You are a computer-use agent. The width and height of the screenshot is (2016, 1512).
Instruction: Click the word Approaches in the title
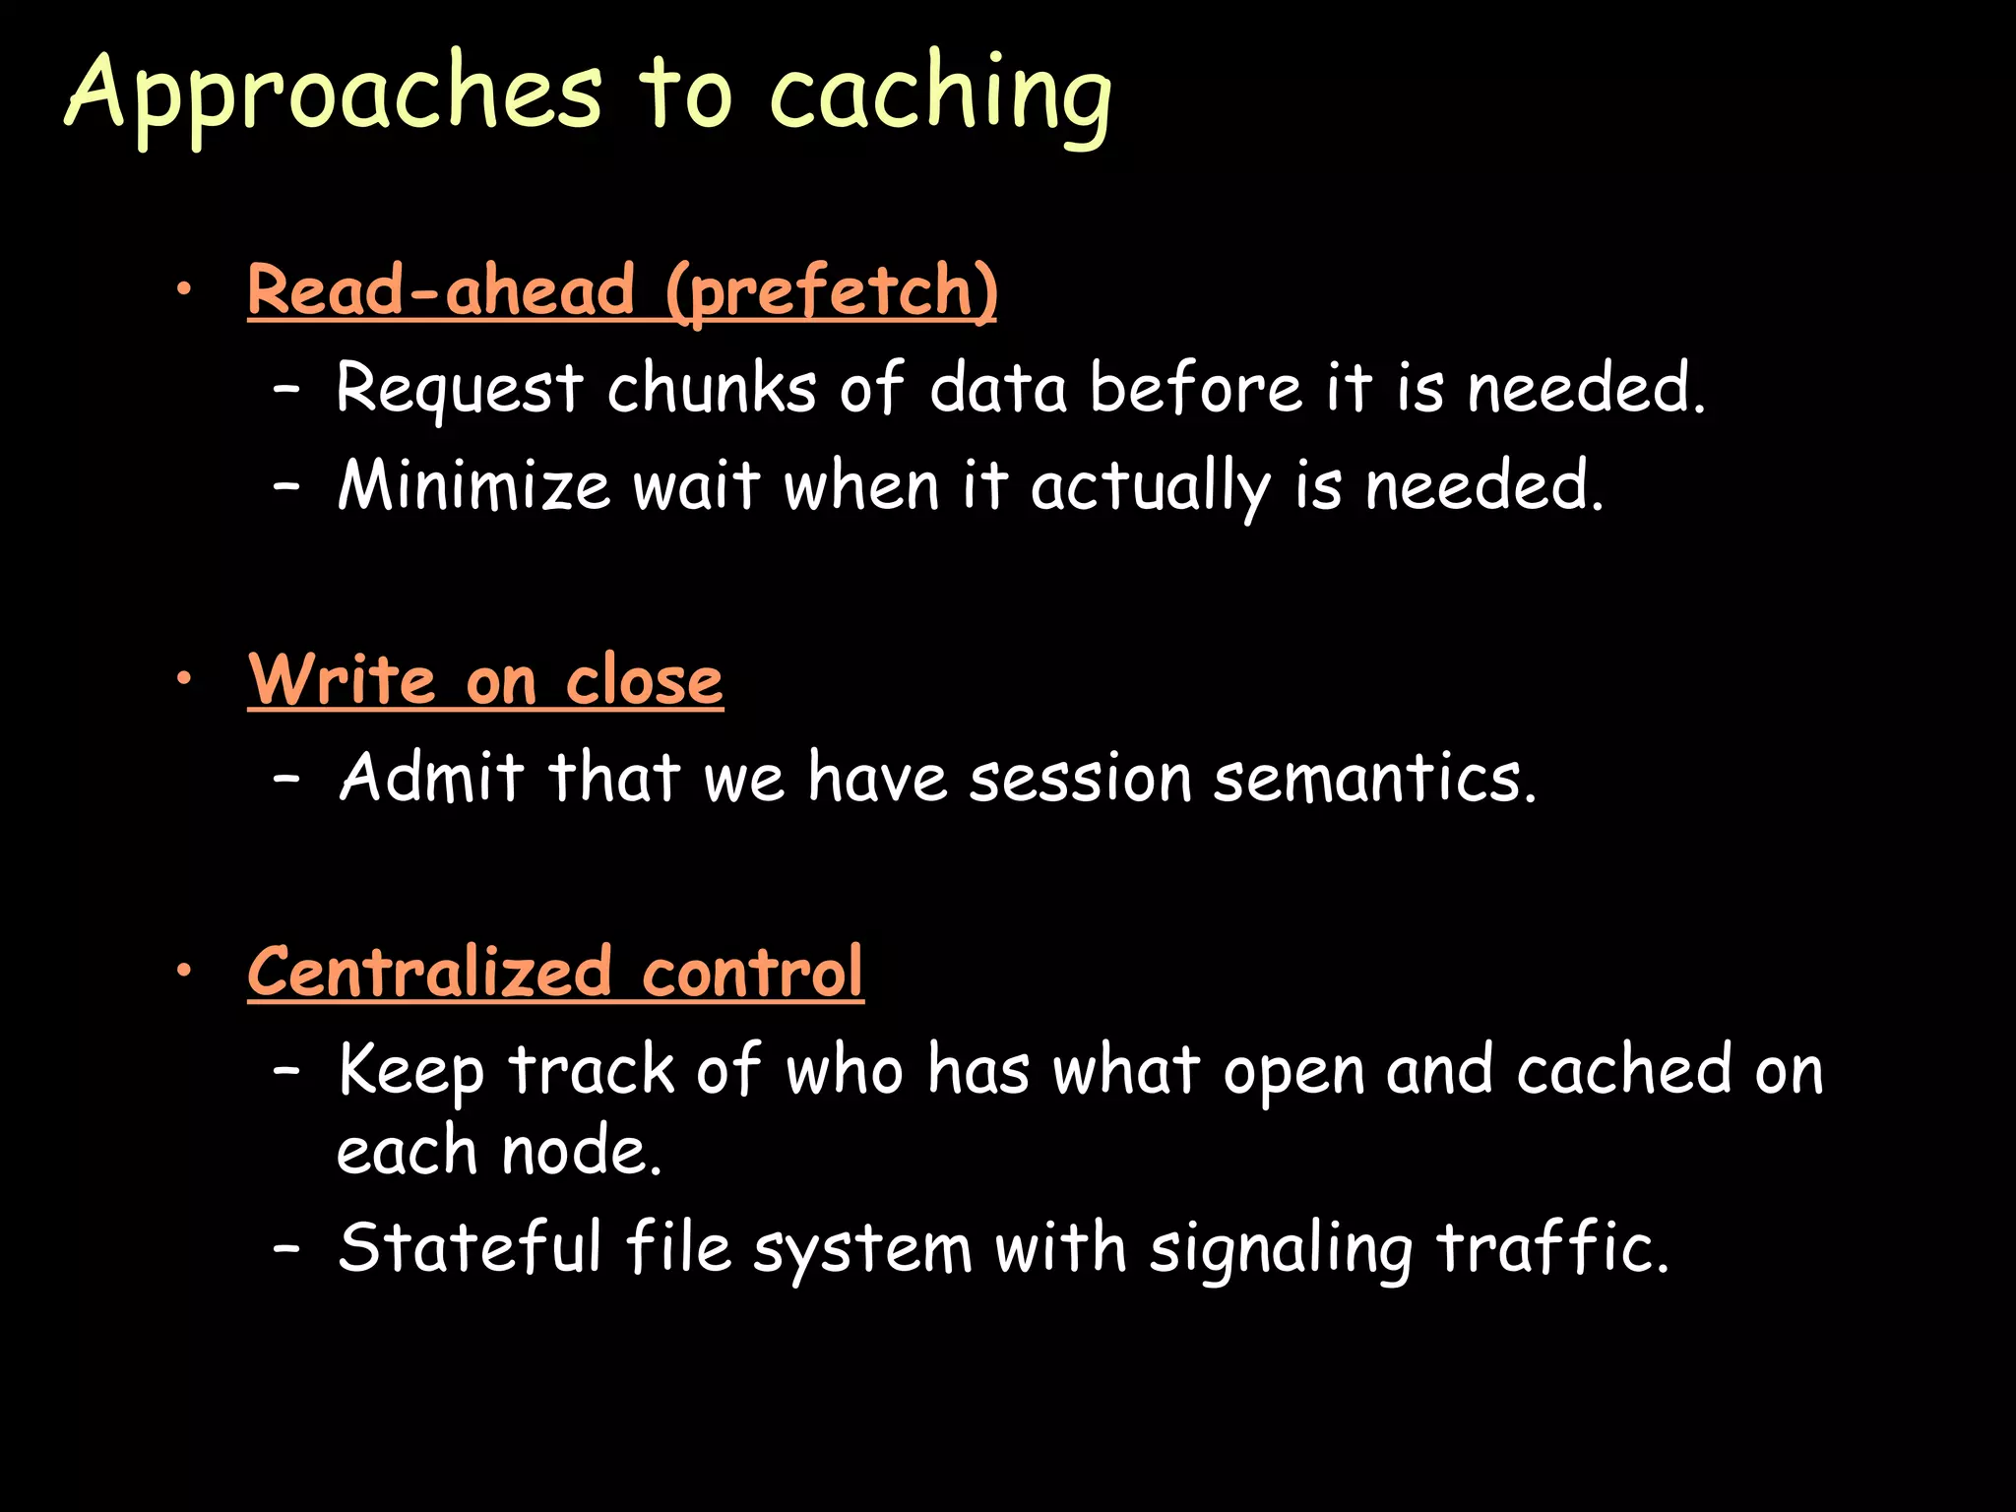tap(333, 94)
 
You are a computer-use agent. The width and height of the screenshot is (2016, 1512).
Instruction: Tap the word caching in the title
tap(940, 94)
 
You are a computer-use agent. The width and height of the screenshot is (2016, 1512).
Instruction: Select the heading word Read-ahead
tap(441, 289)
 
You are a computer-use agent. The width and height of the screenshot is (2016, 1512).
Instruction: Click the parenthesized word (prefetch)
tap(831, 291)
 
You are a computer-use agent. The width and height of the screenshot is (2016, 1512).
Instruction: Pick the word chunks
tap(711, 387)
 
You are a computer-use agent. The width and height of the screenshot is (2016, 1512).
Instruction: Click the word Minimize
tap(472, 485)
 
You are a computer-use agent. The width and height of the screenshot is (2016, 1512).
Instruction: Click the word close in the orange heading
tap(644, 679)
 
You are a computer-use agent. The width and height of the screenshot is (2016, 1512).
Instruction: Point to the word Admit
tap(431, 777)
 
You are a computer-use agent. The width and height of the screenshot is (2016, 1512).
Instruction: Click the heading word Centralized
tap(430, 972)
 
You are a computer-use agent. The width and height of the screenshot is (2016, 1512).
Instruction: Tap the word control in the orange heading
tap(753, 972)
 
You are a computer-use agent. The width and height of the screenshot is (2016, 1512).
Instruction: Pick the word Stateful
tap(470, 1247)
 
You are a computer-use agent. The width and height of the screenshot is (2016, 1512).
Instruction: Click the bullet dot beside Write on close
tap(183, 678)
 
